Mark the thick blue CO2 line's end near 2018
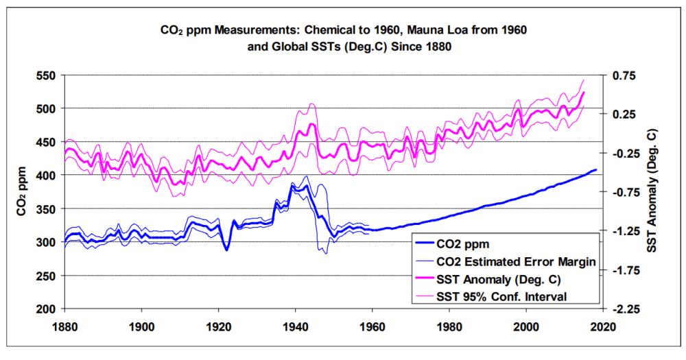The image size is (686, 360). pyautogui.click(x=595, y=169)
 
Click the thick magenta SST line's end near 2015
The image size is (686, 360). pyautogui.click(x=584, y=92)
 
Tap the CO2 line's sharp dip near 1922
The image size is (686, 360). pyautogui.click(x=226, y=250)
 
